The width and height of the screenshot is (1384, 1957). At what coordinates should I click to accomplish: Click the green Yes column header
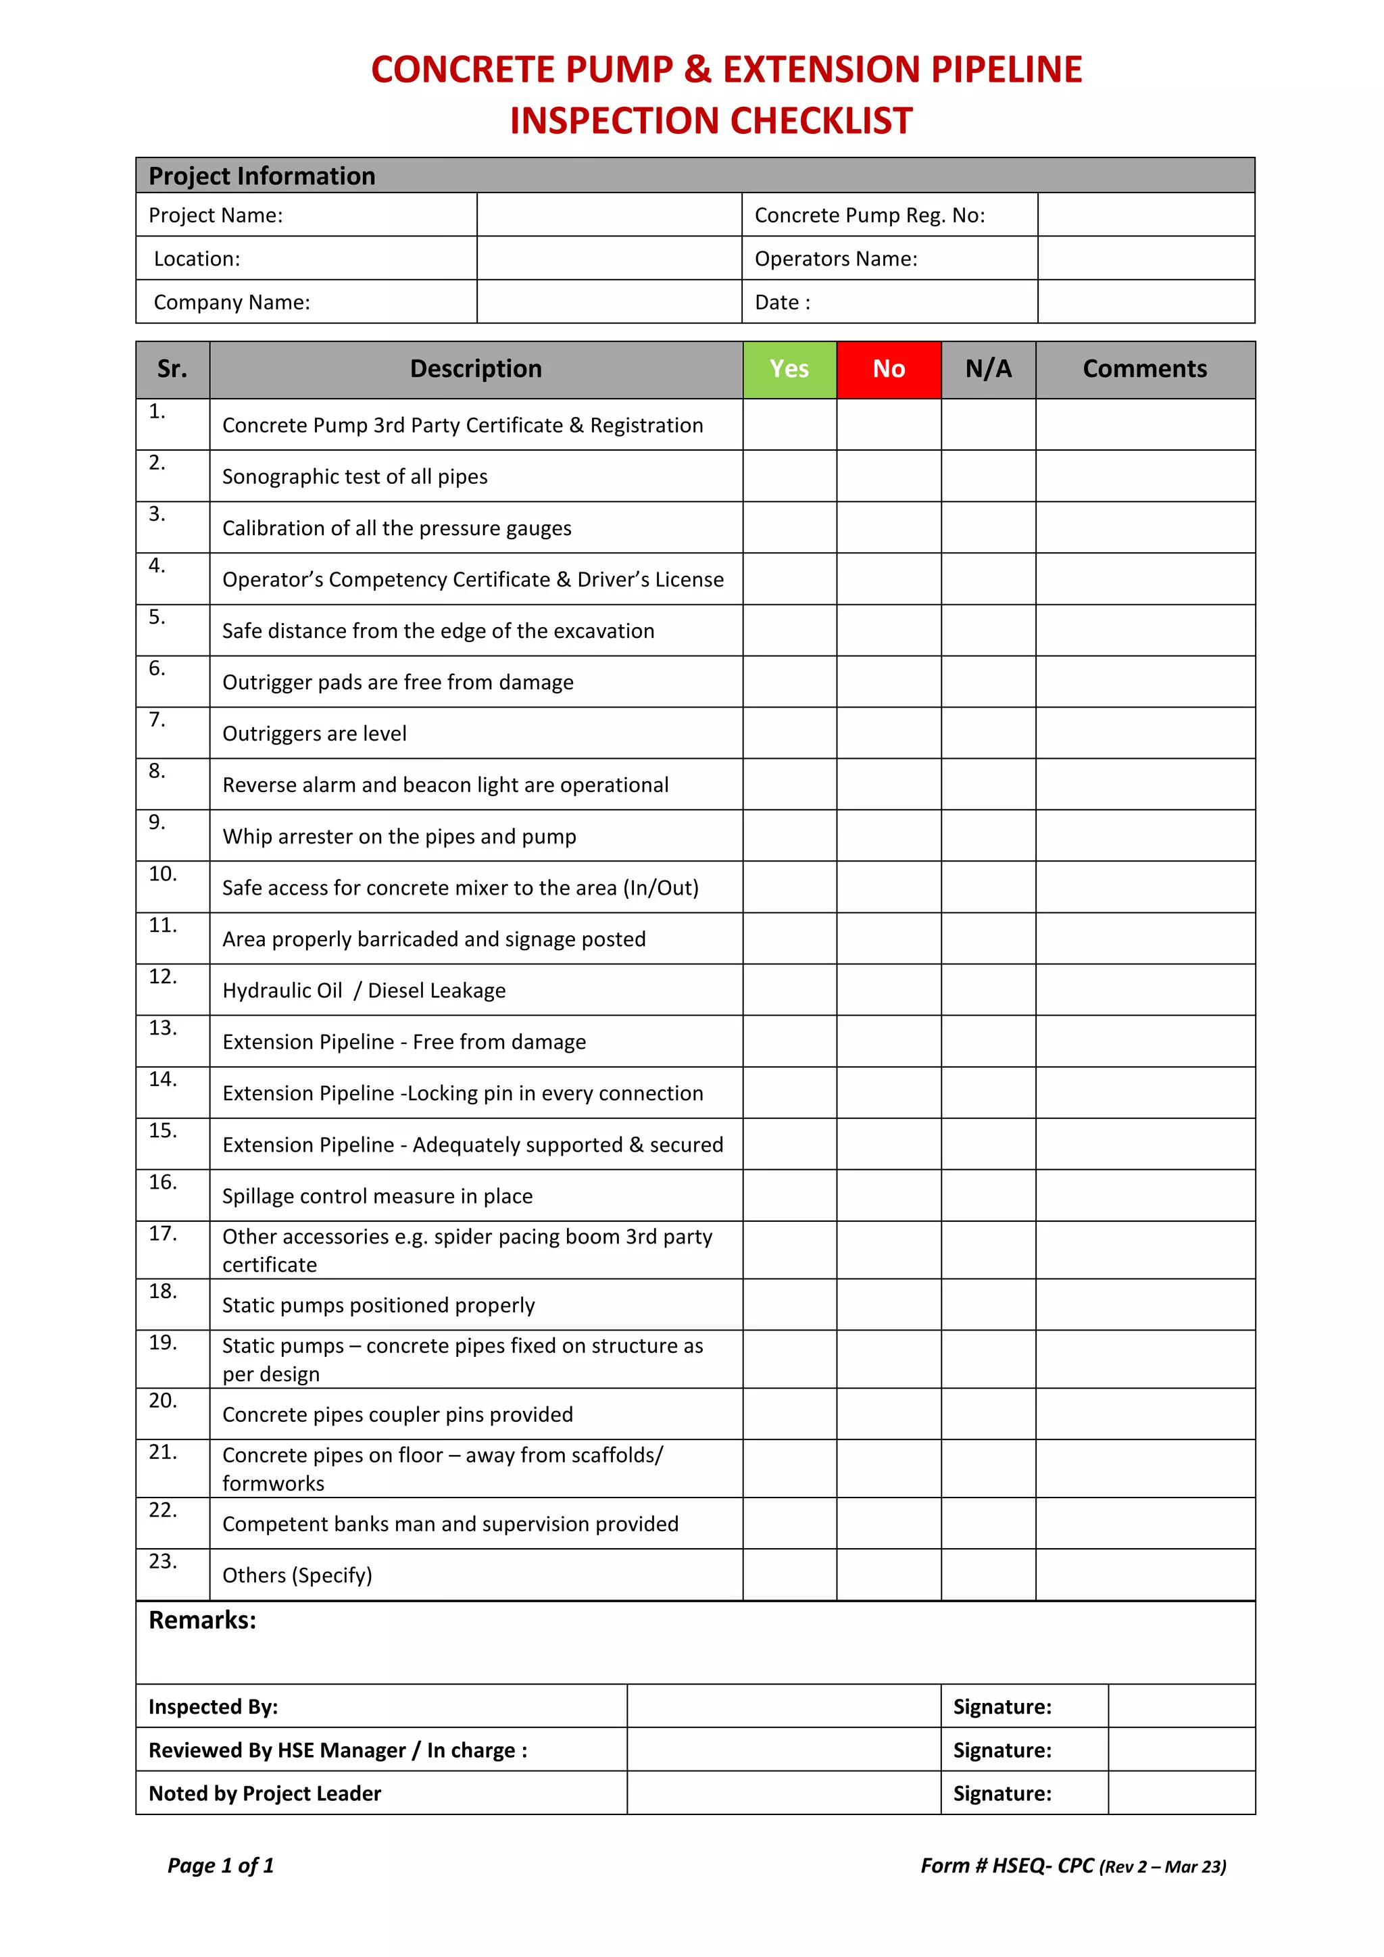point(789,369)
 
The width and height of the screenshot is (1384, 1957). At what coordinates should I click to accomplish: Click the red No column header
point(888,369)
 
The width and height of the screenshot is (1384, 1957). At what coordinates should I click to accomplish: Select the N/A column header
point(988,369)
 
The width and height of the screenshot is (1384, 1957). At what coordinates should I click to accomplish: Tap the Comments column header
point(1145,369)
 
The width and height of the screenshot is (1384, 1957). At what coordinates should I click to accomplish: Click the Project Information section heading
point(262,176)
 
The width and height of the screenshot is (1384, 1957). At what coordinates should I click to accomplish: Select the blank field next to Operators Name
point(1145,258)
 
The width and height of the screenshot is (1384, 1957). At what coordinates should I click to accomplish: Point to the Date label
point(781,303)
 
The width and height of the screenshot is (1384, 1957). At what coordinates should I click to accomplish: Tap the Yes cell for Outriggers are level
point(789,733)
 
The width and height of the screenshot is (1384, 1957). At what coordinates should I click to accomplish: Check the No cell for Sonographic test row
point(888,476)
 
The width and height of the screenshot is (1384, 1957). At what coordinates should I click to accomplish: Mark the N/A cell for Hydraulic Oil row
point(988,989)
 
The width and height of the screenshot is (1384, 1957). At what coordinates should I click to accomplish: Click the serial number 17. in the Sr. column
point(163,1233)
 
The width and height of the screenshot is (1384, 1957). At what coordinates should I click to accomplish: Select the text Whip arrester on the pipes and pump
point(399,836)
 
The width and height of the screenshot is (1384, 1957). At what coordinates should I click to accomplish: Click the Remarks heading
point(202,1620)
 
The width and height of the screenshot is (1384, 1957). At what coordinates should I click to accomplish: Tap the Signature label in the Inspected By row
point(1002,1706)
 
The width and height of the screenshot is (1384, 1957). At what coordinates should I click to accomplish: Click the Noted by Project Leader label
point(264,1793)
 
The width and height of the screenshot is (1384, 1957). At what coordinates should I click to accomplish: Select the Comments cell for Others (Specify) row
point(1145,1575)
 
